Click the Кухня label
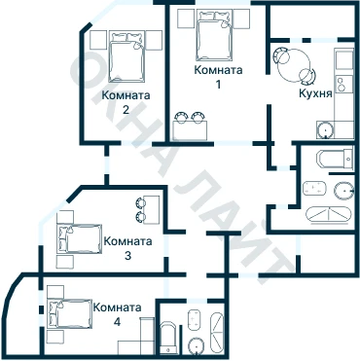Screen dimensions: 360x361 coord(315,93)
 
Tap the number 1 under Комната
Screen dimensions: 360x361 coord(218,85)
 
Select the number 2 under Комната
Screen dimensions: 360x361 coord(126,110)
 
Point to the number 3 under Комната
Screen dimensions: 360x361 coord(127,256)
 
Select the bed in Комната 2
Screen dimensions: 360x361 coord(126,56)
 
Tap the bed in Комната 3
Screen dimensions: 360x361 coord(80,238)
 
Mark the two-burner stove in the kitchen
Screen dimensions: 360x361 coord(343,84)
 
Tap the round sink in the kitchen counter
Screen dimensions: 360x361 coord(324,130)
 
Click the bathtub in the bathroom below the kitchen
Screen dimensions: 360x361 coord(335,159)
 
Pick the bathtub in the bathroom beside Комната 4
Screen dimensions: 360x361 coord(169,338)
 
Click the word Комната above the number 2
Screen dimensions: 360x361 coord(126,95)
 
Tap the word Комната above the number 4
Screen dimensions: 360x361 coord(117,307)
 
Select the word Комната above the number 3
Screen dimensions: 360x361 coord(127,241)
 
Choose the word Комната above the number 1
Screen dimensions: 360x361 coord(218,70)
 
